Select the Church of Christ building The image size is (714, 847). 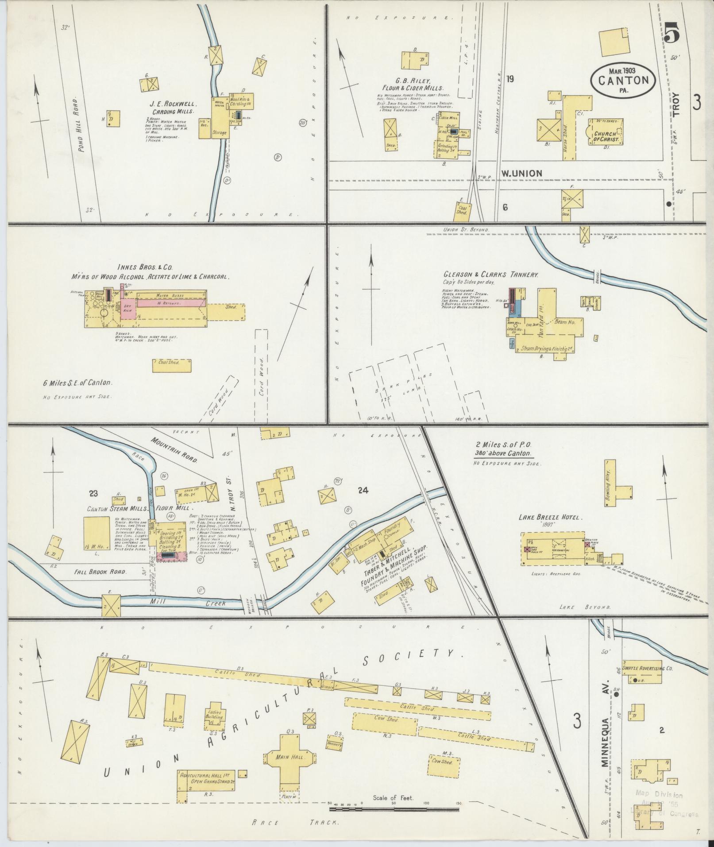click(606, 131)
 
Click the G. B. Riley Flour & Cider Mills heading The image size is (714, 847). click(411, 92)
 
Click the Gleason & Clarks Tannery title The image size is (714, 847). click(490, 275)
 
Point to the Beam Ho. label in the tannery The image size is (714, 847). click(564, 322)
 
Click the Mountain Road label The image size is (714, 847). click(174, 450)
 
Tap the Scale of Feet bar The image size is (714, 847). click(394, 809)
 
